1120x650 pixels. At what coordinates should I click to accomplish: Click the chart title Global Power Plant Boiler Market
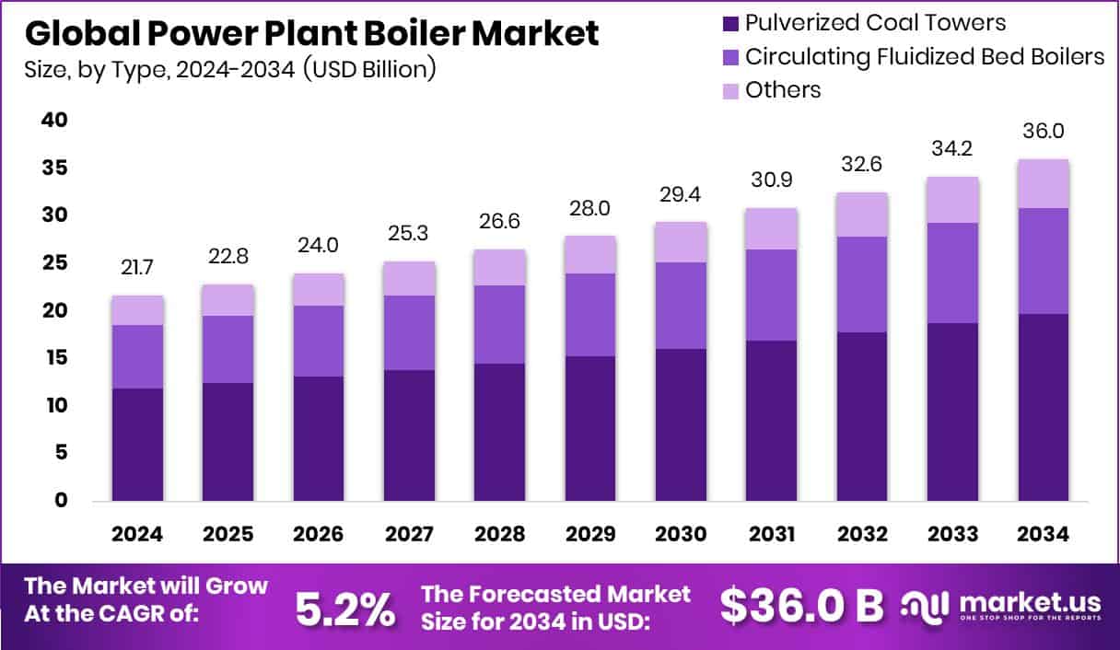pos(311,33)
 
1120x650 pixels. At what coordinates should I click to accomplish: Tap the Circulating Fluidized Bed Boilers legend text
pos(924,56)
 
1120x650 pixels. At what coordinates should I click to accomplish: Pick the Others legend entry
pos(782,89)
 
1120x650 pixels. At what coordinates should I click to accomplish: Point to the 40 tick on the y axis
pos(54,121)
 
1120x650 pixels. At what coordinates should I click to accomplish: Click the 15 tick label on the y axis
pos(54,357)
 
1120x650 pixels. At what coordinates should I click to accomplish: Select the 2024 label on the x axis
pos(137,535)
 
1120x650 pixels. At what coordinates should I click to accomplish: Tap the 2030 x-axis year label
pos(681,535)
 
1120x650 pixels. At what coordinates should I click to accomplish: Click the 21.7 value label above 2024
pos(137,268)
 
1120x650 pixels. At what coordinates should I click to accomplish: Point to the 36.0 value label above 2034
pos(1044,131)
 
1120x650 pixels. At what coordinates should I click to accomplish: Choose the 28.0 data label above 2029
pos(590,208)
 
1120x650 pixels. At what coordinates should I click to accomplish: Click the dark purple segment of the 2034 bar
pos(1044,407)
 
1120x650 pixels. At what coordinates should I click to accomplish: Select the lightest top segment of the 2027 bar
pos(409,278)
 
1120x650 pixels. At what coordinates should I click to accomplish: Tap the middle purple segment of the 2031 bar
pos(771,295)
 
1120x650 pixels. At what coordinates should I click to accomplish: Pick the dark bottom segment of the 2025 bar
pos(227,441)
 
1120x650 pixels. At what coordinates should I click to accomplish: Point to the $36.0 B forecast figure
pos(800,605)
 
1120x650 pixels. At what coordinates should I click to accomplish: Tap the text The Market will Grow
pos(146,586)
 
